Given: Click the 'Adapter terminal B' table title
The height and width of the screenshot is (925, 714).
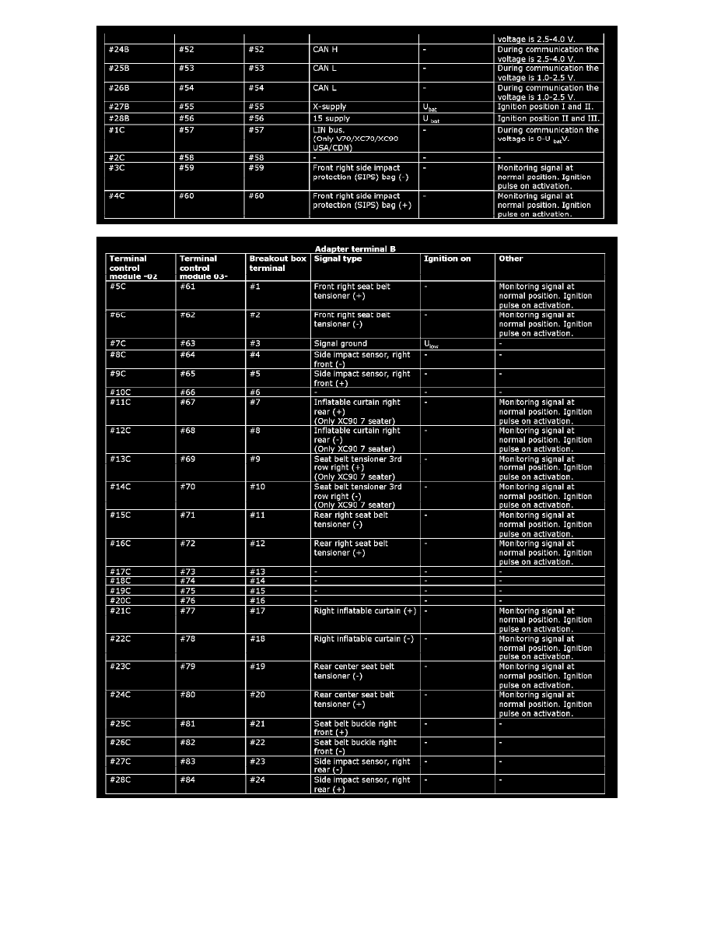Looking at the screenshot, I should (x=355, y=248).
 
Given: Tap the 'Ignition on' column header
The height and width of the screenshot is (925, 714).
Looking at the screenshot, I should (x=446, y=259).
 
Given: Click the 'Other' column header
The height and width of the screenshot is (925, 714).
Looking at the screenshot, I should (x=511, y=259).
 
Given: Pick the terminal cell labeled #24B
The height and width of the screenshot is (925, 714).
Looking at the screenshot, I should (x=120, y=50).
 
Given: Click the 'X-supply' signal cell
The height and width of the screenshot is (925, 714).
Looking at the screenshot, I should (x=330, y=107).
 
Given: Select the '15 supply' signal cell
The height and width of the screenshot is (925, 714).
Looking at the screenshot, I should (x=331, y=118).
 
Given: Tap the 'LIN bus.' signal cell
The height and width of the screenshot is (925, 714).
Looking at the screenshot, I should (x=330, y=130).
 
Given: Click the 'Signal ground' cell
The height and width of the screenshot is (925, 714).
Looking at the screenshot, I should (x=340, y=343).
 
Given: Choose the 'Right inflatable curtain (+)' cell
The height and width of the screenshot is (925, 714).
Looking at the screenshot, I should (x=364, y=611).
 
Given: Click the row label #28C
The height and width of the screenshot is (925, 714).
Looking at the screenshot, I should (x=121, y=780).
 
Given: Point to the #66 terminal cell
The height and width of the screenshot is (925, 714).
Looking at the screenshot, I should (x=187, y=392).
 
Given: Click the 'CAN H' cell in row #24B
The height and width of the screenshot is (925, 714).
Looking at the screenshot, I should (x=325, y=50).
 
